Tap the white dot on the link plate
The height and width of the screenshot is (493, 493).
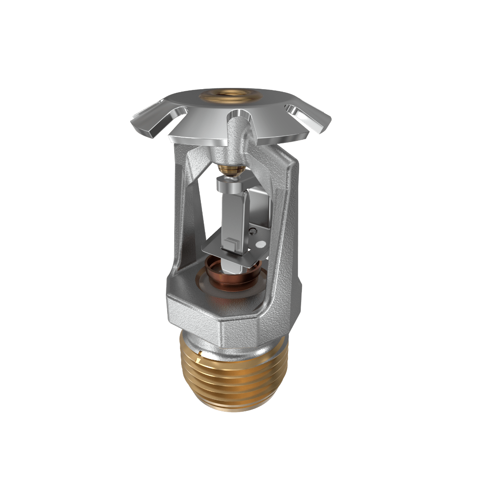[x=259, y=244]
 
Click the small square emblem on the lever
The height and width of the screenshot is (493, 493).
[x=230, y=243]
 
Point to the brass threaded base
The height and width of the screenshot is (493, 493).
[x=234, y=370]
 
